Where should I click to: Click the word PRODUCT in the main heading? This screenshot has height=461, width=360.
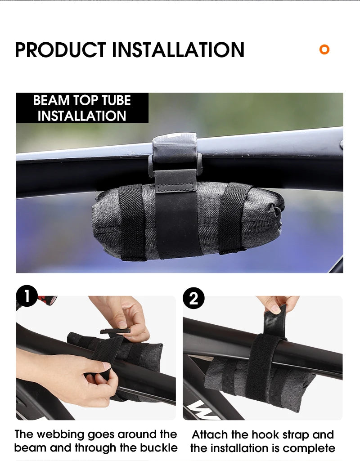(60, 49)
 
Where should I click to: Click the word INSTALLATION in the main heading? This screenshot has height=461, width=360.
(178, 49)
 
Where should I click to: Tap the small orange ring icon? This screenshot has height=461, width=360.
(324, 49)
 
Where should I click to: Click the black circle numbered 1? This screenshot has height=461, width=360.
(27, 296)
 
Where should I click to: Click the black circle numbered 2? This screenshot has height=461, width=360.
(193, 298)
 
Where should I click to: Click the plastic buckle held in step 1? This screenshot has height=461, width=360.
(116, 331)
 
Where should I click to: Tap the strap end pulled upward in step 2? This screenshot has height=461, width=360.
(275, 319)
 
